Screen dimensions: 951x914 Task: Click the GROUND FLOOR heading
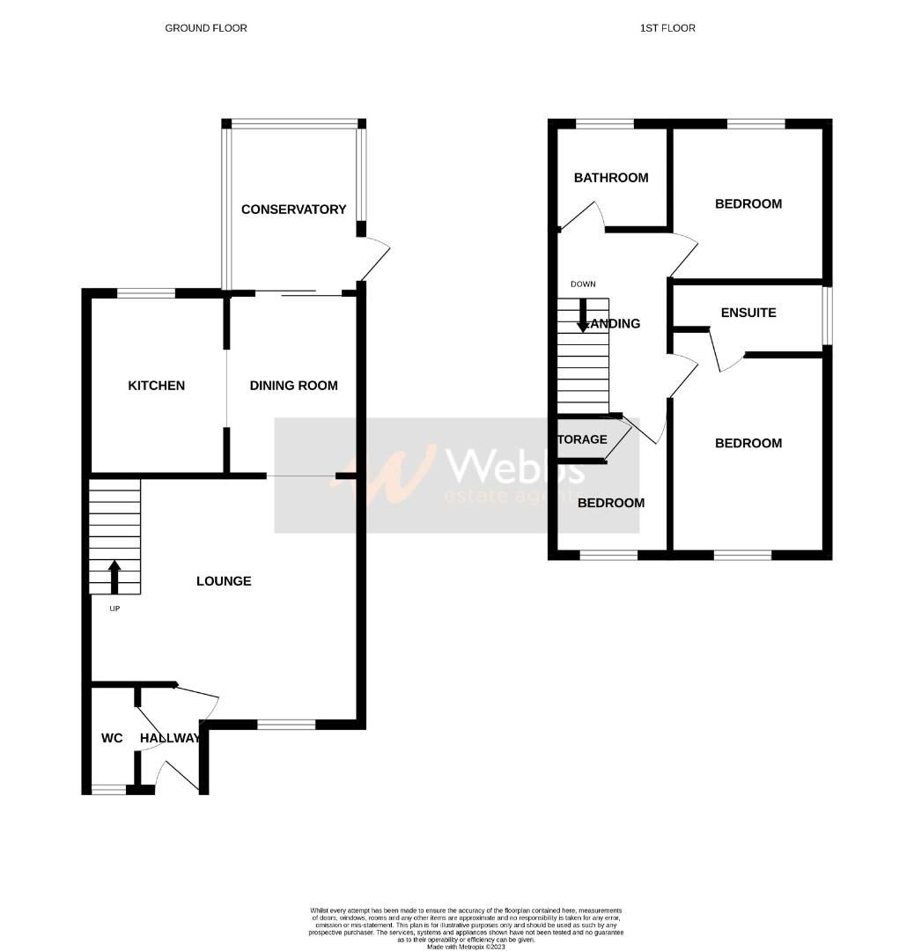(x=206, y=28)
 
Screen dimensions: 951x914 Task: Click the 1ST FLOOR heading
(x=667, y=28)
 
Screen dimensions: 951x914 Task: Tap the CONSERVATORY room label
(x=293, y=210)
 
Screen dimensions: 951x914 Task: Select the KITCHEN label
(x=157, y=386)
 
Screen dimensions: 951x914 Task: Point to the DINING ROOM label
(x=293, y=386)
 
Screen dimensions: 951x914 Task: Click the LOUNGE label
(x=224, y=581)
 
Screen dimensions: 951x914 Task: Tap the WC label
(x=112, y=738)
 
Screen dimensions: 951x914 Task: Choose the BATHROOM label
(x=611, y=178)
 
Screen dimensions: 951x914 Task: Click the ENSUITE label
(x=748, y=313)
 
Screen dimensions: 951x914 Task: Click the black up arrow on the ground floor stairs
(x=114, y=576)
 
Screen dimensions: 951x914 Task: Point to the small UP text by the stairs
(x=114, y=608)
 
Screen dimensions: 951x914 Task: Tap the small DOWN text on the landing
(x=583, y=284)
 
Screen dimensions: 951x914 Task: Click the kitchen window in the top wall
(x=146, y=293)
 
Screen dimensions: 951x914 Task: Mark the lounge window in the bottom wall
(x=286, y=725)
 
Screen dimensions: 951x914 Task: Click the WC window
(x=109, y=790)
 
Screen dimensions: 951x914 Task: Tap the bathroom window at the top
(x=604, y=124)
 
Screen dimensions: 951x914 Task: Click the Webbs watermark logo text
(x=515, y=465)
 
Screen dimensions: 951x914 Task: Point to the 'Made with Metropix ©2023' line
(x=466, y=947)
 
